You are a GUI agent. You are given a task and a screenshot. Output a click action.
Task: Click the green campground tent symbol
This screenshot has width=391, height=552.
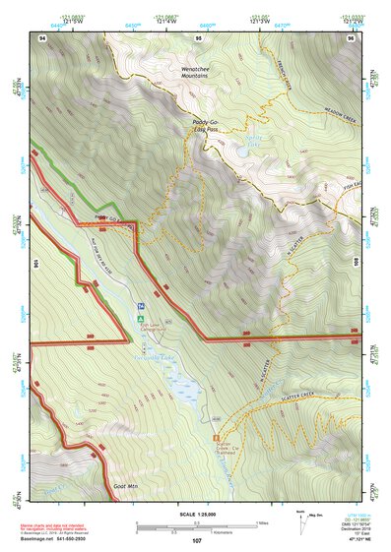click(142, 319)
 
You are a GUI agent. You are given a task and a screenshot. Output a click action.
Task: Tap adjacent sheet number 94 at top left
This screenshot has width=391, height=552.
click(41, 37)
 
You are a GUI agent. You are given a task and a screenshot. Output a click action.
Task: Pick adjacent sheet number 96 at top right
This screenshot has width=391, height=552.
click(351, 37)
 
